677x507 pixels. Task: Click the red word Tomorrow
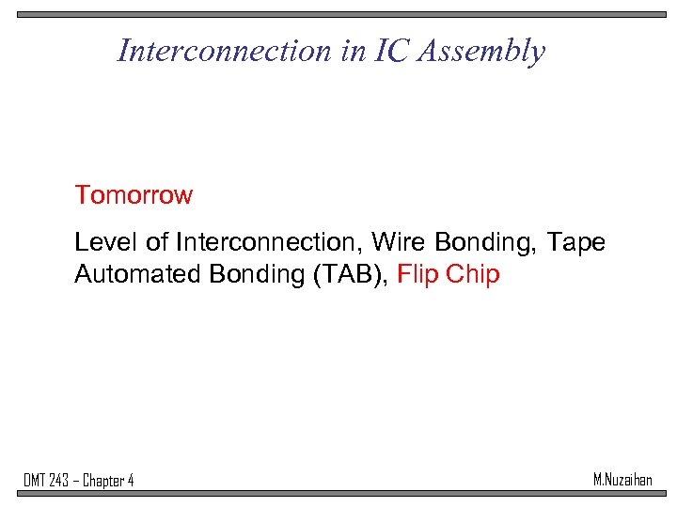coord(134,195)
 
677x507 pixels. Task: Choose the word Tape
coord(575,242)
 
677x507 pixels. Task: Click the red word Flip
coord(418,275)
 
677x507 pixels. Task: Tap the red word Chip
coord(473,275)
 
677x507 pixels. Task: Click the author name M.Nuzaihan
coord(622,480)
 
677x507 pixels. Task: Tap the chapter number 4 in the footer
coord(130,481)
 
